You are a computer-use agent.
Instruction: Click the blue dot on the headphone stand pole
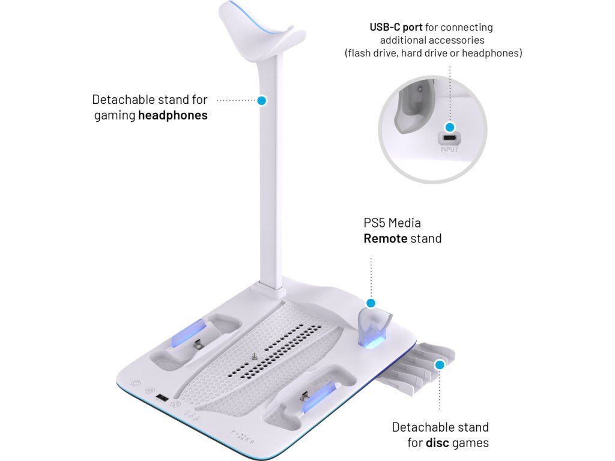pos(261,101)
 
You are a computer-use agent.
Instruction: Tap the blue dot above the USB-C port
pos(449,127)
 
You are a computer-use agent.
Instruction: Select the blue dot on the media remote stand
pos(371,304)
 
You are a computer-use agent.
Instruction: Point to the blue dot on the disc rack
pos(440,364)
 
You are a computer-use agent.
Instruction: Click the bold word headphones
pos(173,115)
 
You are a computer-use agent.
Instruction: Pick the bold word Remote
pos(385,238)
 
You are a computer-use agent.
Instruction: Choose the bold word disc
pos(438,443)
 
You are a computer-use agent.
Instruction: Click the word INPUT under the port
pos(449,149)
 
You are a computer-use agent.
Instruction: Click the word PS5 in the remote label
pos(374,223)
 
